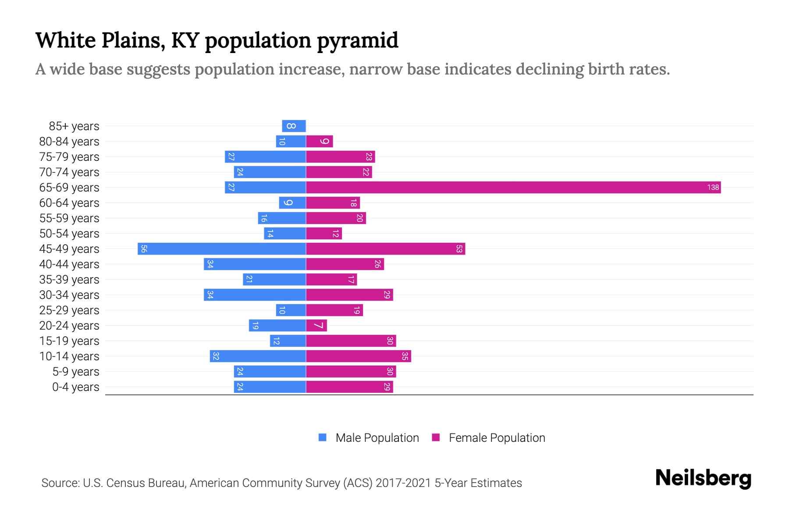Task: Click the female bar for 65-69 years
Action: point(513,188)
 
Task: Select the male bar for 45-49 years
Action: point(222,249)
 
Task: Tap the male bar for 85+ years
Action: point(294,126)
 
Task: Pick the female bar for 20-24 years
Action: point(316,326)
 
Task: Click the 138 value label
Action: point(713,188)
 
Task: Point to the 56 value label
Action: point(144,249)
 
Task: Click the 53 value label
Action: point(459,249)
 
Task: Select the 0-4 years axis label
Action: point(75,387)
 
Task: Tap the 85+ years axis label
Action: point(74,126)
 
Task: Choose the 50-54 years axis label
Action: point(69,234)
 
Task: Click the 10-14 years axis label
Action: point(69,356)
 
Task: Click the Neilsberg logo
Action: point(703,478)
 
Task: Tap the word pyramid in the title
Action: point(357,41)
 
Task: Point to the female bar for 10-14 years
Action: point(358,356)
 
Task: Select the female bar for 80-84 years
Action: point(319,142)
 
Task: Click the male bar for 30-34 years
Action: point(255,295)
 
